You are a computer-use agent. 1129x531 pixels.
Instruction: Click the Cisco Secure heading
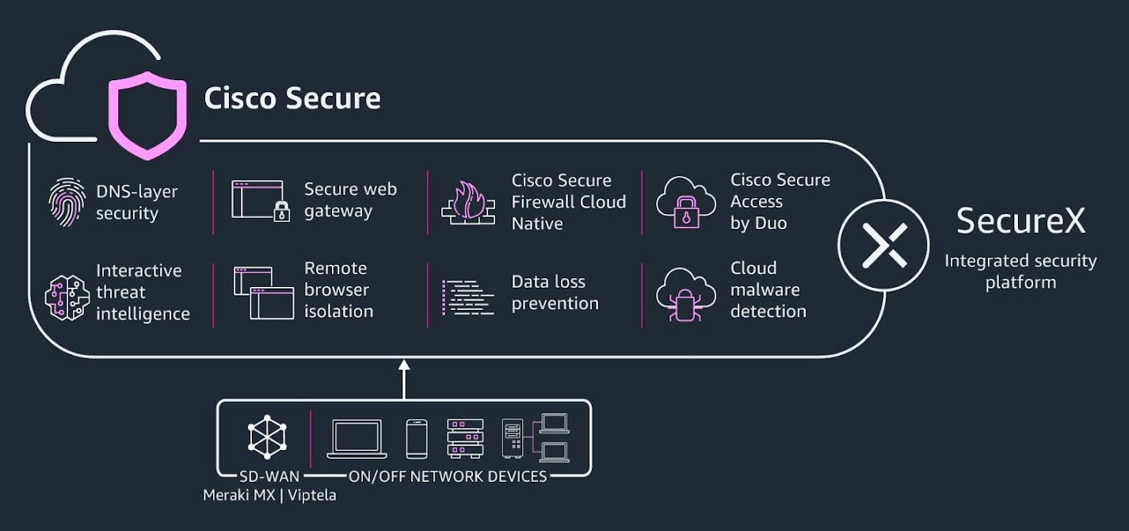(x=292, y=98)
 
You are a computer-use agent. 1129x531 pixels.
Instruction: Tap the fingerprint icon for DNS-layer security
(x=67, y=203)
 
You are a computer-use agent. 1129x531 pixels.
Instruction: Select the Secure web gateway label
(x=350, y=201)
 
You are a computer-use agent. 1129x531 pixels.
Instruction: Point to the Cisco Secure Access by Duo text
(x=780, y=201)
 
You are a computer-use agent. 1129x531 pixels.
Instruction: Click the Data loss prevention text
(x=555, y=292)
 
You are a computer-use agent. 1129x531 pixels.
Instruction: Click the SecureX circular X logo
(x=884, y=244)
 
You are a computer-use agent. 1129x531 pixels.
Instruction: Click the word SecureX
(x=1020, y=221)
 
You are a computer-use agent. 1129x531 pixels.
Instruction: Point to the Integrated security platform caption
(x=1020, y=271)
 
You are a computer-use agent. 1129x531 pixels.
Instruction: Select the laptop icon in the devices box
(x=357, y=438)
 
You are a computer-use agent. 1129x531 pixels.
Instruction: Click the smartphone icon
(x=417, y=438)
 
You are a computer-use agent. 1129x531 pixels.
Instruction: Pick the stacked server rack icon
(x=465, y=438)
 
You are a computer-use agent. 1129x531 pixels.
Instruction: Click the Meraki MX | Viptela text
(x=269, y=495)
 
